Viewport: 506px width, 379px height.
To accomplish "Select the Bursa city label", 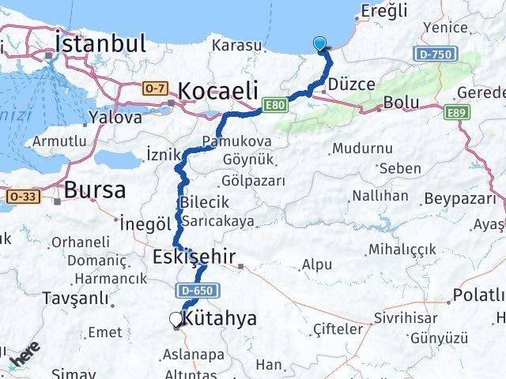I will click(95, 190).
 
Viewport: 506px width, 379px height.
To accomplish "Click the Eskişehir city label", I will click(191, 257).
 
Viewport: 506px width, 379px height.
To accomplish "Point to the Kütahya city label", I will click(219, 319).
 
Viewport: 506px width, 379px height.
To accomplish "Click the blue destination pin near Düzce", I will click(320, 44).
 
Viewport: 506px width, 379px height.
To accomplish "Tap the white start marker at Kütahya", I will click(176, 319).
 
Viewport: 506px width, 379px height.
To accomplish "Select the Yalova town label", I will click(115, 117).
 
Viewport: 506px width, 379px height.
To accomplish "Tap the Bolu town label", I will click(401, 103).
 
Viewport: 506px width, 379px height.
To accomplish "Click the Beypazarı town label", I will click(459, 199).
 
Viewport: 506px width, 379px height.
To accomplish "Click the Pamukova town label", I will click(236, 141).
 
